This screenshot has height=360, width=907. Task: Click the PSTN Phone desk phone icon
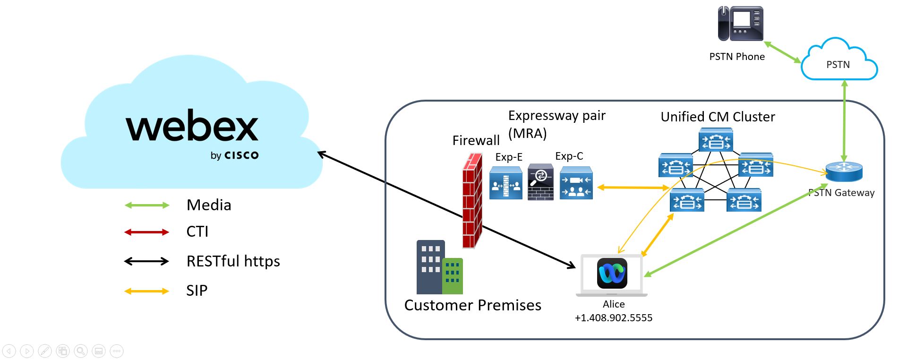tap(740, 24)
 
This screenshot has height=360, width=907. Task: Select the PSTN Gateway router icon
tap(844, 171)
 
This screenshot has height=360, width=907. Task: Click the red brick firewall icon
tap(472, 201)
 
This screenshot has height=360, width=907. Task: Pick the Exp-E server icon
tap(505, 183)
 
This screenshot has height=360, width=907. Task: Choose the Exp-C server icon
tap(576, 183)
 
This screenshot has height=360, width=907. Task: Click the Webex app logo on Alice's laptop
tap(612, 273)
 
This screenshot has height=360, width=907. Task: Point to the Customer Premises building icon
tap(439, 267)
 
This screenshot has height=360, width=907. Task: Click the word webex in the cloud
tap(192, 126)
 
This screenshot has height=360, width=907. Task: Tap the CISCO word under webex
tap(241, 155)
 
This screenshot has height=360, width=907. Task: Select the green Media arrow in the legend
tap(146, 205)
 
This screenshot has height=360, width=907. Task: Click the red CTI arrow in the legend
tap(146, 232)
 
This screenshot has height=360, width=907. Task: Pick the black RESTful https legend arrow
tap(146, 261)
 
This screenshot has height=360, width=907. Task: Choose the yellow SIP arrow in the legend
tap(146, 291)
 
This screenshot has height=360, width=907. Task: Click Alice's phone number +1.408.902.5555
tap(613, 317)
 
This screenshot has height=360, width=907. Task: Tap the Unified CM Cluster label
tap(718, 117)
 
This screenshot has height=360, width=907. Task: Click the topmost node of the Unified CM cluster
tap(716, 140)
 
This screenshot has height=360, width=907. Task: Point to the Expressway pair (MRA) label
tap(556, 124)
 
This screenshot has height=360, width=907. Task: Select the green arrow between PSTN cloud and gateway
tap(844, 121)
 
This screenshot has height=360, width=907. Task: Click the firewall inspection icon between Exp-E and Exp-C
tap(540, 182)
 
